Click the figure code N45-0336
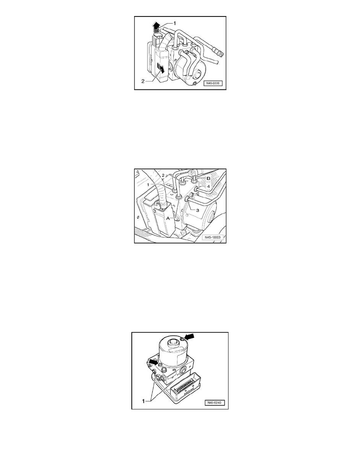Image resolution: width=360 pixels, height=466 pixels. (x=213, y=84)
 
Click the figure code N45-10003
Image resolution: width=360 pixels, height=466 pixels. (x=213, y=237)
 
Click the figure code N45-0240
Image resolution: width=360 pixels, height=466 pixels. (x=215, y=403)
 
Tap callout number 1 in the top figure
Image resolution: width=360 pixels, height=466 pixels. (x=175, y=23)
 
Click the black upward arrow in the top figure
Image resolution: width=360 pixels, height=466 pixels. (x=154, y=26)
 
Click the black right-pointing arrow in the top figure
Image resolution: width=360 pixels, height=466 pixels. (x=161, y=69)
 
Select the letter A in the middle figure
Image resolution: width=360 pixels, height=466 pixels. (x=167, y=218)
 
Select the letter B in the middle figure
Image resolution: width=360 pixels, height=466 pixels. (x=209, y=178)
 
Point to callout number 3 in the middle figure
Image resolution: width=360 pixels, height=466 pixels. (x=197, y=210)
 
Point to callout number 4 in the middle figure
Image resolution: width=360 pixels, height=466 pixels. (x=208, y=187)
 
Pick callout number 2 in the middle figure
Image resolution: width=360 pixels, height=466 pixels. (x=163, y=176)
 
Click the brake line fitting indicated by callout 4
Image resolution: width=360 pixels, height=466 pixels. (x=196, y=189)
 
